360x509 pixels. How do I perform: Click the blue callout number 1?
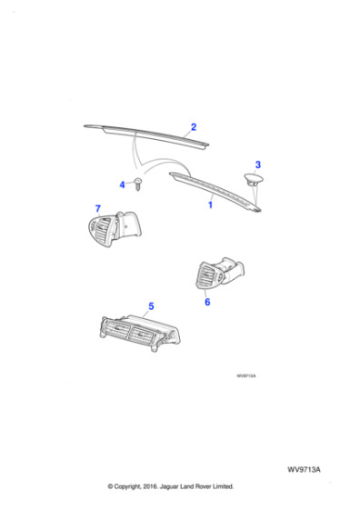210,206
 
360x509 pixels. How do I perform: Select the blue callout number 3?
257,165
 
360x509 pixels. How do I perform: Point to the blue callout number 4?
123,185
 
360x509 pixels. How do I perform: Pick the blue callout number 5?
151,307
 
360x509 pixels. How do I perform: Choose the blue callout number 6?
207,302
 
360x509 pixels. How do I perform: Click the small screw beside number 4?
137,186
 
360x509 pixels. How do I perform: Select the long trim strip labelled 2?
145,132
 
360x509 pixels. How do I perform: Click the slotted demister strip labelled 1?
218,193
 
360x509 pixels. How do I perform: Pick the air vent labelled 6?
218,272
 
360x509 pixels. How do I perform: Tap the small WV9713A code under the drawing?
245,375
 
